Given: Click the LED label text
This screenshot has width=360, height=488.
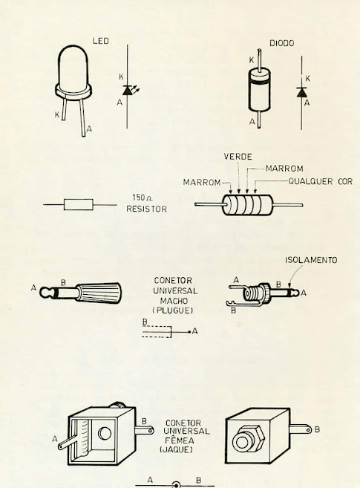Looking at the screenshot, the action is click(x=101, y=41).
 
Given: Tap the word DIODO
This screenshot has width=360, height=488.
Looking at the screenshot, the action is click(x=281, y=43).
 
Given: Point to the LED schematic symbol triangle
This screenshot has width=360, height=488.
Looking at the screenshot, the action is click(x=127, y=91).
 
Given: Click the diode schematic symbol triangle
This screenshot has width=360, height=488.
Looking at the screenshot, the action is click(x=301, y=92).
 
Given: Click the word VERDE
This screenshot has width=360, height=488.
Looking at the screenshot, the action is click(x=238, y=157).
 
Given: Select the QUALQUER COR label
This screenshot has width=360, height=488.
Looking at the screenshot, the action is click(x=321, y=181).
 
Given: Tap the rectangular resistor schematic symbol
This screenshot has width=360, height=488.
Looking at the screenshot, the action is click(x=79, y=204).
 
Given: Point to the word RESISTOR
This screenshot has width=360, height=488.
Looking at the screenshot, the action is click(x=146, y=209).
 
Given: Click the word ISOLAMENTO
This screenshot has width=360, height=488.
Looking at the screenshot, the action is click(x=311, y=260).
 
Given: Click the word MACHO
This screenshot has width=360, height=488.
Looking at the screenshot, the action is click(x=174, y=301).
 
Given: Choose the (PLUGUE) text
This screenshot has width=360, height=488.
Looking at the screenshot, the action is click(x=172, y=310).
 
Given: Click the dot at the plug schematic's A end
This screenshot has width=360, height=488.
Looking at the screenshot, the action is click(x=189, y=332).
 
